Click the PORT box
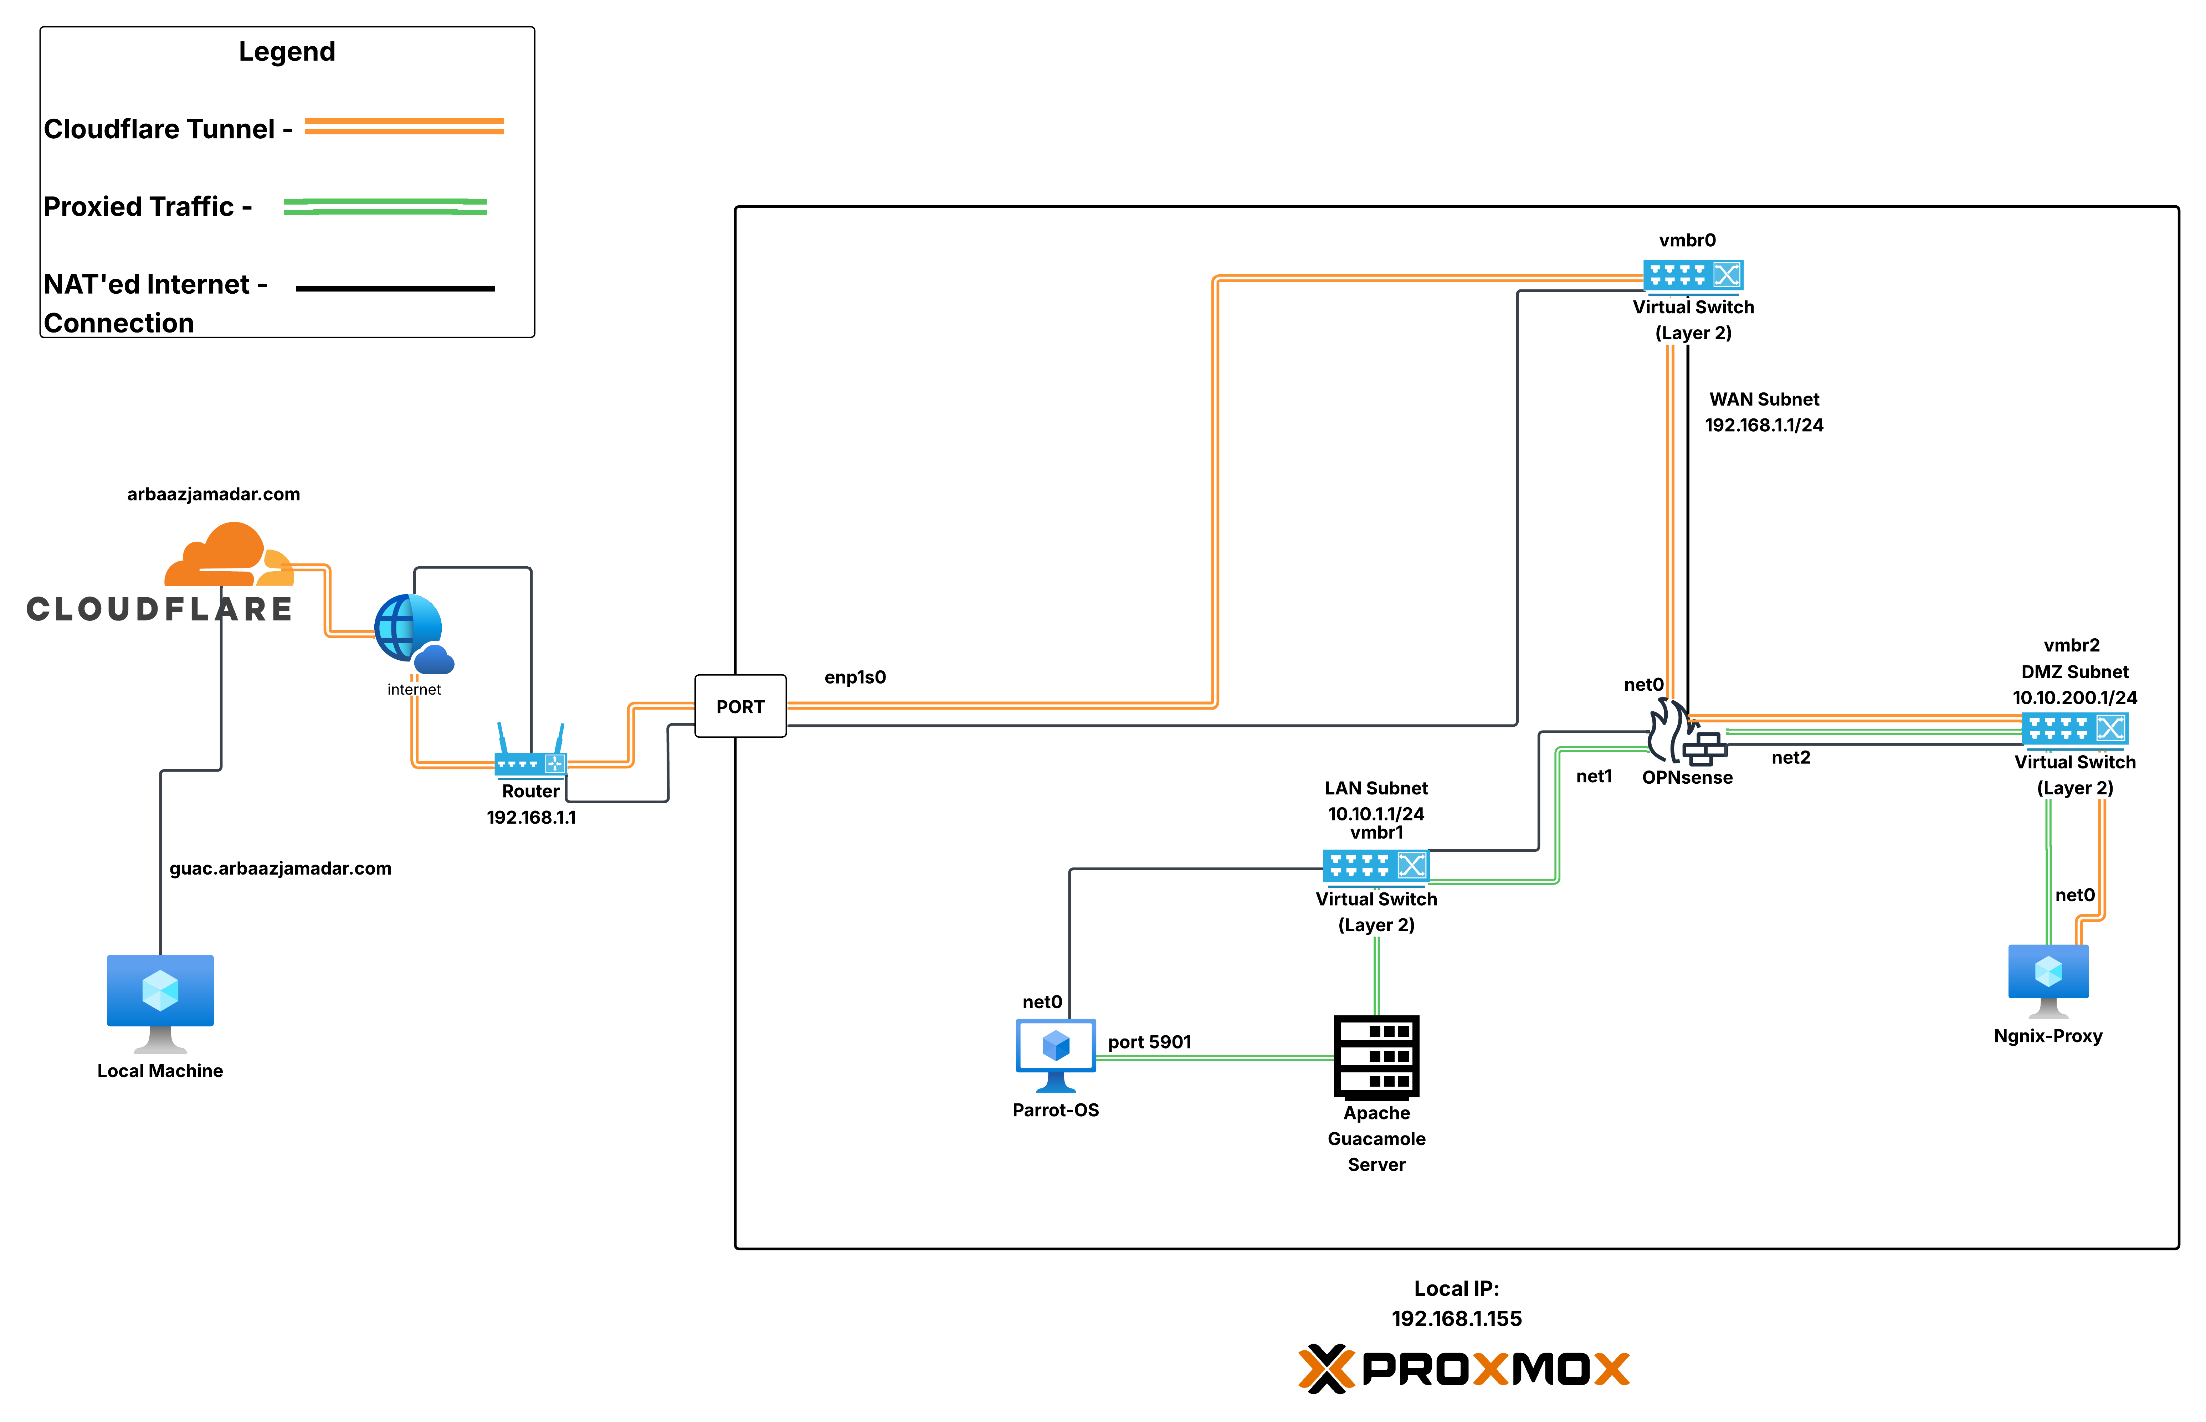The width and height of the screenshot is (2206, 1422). [740, 706]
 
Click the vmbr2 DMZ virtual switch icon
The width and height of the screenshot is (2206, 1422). [2074, 728]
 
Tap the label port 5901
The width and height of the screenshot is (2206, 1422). [1149, 1042]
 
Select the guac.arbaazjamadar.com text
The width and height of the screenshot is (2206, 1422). [280, 868]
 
